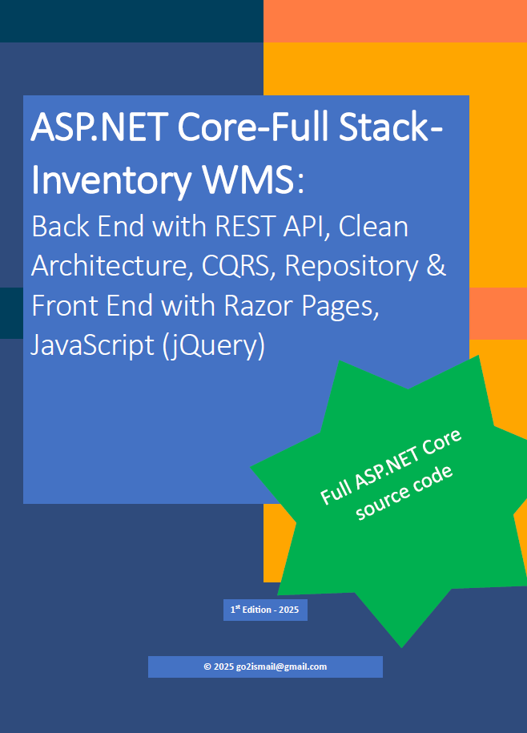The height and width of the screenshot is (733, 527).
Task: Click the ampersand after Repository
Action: pos(436,267)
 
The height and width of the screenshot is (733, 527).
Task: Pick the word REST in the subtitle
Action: pos(244,227)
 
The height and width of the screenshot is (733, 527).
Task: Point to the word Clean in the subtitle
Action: pos(373,227)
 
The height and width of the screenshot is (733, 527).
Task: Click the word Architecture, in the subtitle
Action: pos(108,267)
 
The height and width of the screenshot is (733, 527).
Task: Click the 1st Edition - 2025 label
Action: pos(264,610)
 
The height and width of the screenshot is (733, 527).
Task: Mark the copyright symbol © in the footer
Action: pos(207,667)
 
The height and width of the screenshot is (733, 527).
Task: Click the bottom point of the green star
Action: pos(401,646)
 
